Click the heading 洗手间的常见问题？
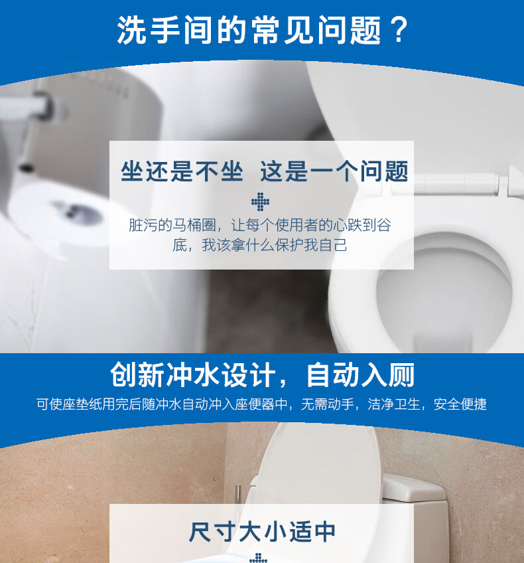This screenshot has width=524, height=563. [x=261, y=31]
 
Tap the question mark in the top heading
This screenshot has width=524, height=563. [x=398, y=31]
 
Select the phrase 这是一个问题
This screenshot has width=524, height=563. [x=334, y=171]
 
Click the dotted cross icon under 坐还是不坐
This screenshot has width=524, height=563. [x=261, y=201]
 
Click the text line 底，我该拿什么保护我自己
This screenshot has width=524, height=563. [x=260, y=245]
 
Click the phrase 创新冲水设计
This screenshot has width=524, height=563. [x=192, y=375]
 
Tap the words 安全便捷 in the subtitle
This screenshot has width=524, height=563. [x=460, y=404]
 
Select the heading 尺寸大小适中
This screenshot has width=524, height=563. [x=261, y=532]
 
